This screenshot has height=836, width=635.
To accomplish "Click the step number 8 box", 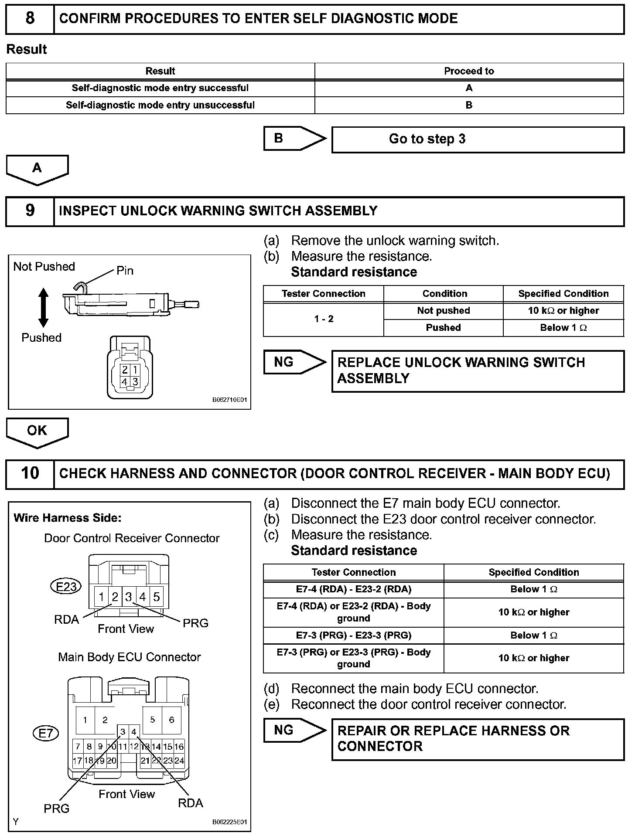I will [x=30, y=19].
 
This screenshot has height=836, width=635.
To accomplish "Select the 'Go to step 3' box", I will [x=478, y=139].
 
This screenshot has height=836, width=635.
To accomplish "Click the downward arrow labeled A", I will [x=37, y=169].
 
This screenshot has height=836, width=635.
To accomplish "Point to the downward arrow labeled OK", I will [x=37, y=432].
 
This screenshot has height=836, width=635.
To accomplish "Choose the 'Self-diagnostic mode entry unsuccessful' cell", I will [x=160, y=105].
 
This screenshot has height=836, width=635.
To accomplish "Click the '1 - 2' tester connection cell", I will [x=324, y=319].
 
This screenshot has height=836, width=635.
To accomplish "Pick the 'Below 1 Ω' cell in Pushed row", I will [x=563, y=328].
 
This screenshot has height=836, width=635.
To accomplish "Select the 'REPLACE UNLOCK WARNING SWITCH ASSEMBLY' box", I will [x=478, y=370].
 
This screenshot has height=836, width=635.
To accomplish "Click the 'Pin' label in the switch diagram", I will [x=125, y=271].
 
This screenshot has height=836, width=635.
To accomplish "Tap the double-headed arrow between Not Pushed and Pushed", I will [x=43, y=308].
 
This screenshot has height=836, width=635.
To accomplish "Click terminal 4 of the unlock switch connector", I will [x=125, y=382].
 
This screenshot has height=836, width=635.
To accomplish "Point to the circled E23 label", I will [x=66, y=586].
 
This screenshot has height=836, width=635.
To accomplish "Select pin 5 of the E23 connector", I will [x=156, y=596].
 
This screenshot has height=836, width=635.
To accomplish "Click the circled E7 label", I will [x=45, y=734].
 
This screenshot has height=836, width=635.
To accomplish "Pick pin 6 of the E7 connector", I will [x=171, y=720].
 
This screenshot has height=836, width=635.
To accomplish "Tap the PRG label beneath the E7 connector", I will [x=56, y=809].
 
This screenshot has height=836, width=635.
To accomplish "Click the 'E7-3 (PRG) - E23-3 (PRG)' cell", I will [x=353, y=635].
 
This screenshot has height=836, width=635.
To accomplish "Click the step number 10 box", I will [x=30, y=473].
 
